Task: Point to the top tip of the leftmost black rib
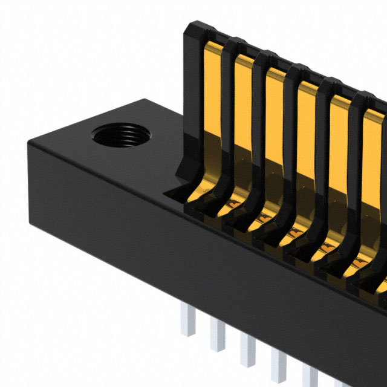(x=197, y=27)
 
